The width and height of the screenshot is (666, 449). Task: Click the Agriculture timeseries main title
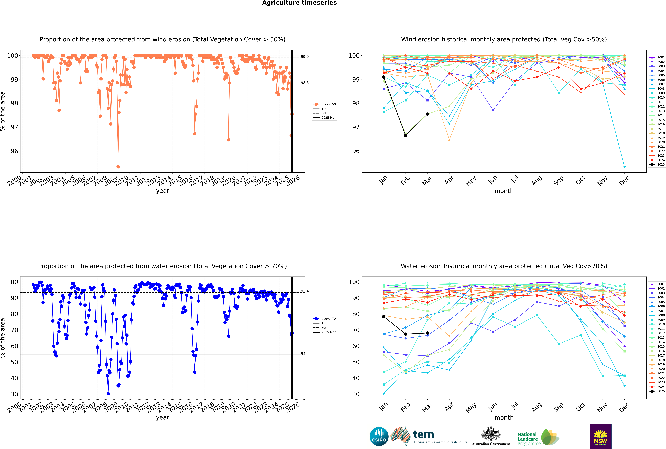click(x=299, y=3)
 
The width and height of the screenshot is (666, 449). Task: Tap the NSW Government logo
click(x=600, y=436)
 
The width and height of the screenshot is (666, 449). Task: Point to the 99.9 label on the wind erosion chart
click(x=305, y=57)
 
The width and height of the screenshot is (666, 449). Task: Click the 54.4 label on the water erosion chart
click(x=305, y=354)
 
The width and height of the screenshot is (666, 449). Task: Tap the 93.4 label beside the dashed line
click(x=305, y=291)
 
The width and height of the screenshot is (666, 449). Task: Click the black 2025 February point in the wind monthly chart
click(x=405, y=135)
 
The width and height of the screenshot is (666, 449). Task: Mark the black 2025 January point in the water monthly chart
click(x=384, y=316)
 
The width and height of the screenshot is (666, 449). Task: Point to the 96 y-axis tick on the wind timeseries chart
click(x=14, y=151)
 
